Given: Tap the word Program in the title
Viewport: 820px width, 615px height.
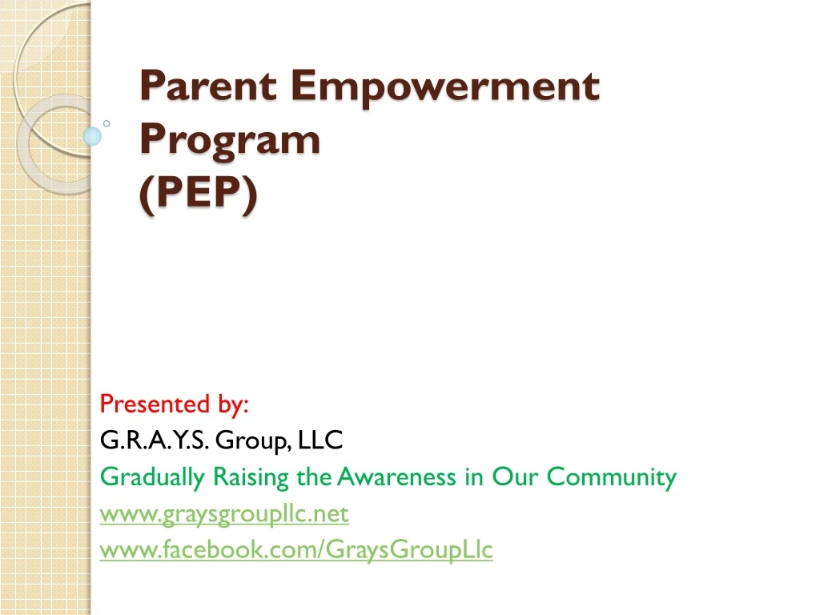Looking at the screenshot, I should (230, 141).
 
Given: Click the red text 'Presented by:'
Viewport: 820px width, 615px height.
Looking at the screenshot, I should (174, 404).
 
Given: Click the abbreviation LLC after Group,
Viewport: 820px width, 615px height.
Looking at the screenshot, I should (320, 440).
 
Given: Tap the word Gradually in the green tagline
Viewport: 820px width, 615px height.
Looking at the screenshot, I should (153, 478).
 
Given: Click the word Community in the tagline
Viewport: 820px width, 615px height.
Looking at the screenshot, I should (612, 478).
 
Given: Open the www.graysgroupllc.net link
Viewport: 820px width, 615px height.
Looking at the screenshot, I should (224, 513).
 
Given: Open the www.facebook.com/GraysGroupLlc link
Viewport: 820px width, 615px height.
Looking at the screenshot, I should (296, 550).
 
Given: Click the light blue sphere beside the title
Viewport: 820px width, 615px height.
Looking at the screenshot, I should (93, 136).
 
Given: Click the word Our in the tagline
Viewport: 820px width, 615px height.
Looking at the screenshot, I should (516, 477).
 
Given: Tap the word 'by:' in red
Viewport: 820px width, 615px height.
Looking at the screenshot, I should (233, 405).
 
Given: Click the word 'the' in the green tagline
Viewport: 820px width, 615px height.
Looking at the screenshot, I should (313, 477).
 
